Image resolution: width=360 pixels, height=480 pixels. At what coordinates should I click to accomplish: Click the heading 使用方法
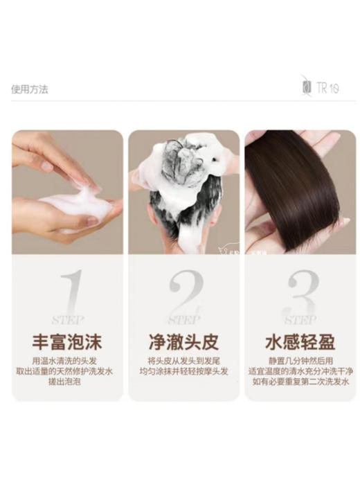tap(30, 89)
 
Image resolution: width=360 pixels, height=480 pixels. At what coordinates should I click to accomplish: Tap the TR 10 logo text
tap(327, 89)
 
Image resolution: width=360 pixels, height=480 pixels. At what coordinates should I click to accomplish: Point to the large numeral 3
tap(300, 294)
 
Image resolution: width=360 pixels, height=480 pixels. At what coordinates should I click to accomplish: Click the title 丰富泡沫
tap(66, 341)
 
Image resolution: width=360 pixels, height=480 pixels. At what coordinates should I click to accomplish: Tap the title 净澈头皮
tap(183, 341)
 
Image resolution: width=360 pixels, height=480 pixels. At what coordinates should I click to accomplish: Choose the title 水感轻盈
tap(300, 341)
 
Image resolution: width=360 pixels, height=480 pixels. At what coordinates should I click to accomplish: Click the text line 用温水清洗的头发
tap(66, 361)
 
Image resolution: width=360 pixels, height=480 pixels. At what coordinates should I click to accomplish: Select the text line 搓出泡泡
tap(66, 382)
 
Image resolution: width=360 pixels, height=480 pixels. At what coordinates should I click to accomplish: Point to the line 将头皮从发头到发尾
tap(183, 361)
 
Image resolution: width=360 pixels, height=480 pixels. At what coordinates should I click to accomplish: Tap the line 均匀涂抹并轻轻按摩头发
tap(183, 371)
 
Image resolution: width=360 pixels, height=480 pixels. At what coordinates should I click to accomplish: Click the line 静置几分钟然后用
tap(300, 361)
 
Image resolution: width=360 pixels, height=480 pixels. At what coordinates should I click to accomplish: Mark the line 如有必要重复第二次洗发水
tap(300, 382)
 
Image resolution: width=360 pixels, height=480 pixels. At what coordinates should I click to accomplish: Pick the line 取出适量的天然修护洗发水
tap(66, 371)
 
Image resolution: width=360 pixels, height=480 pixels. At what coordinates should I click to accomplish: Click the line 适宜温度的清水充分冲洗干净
tap(300, 371)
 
